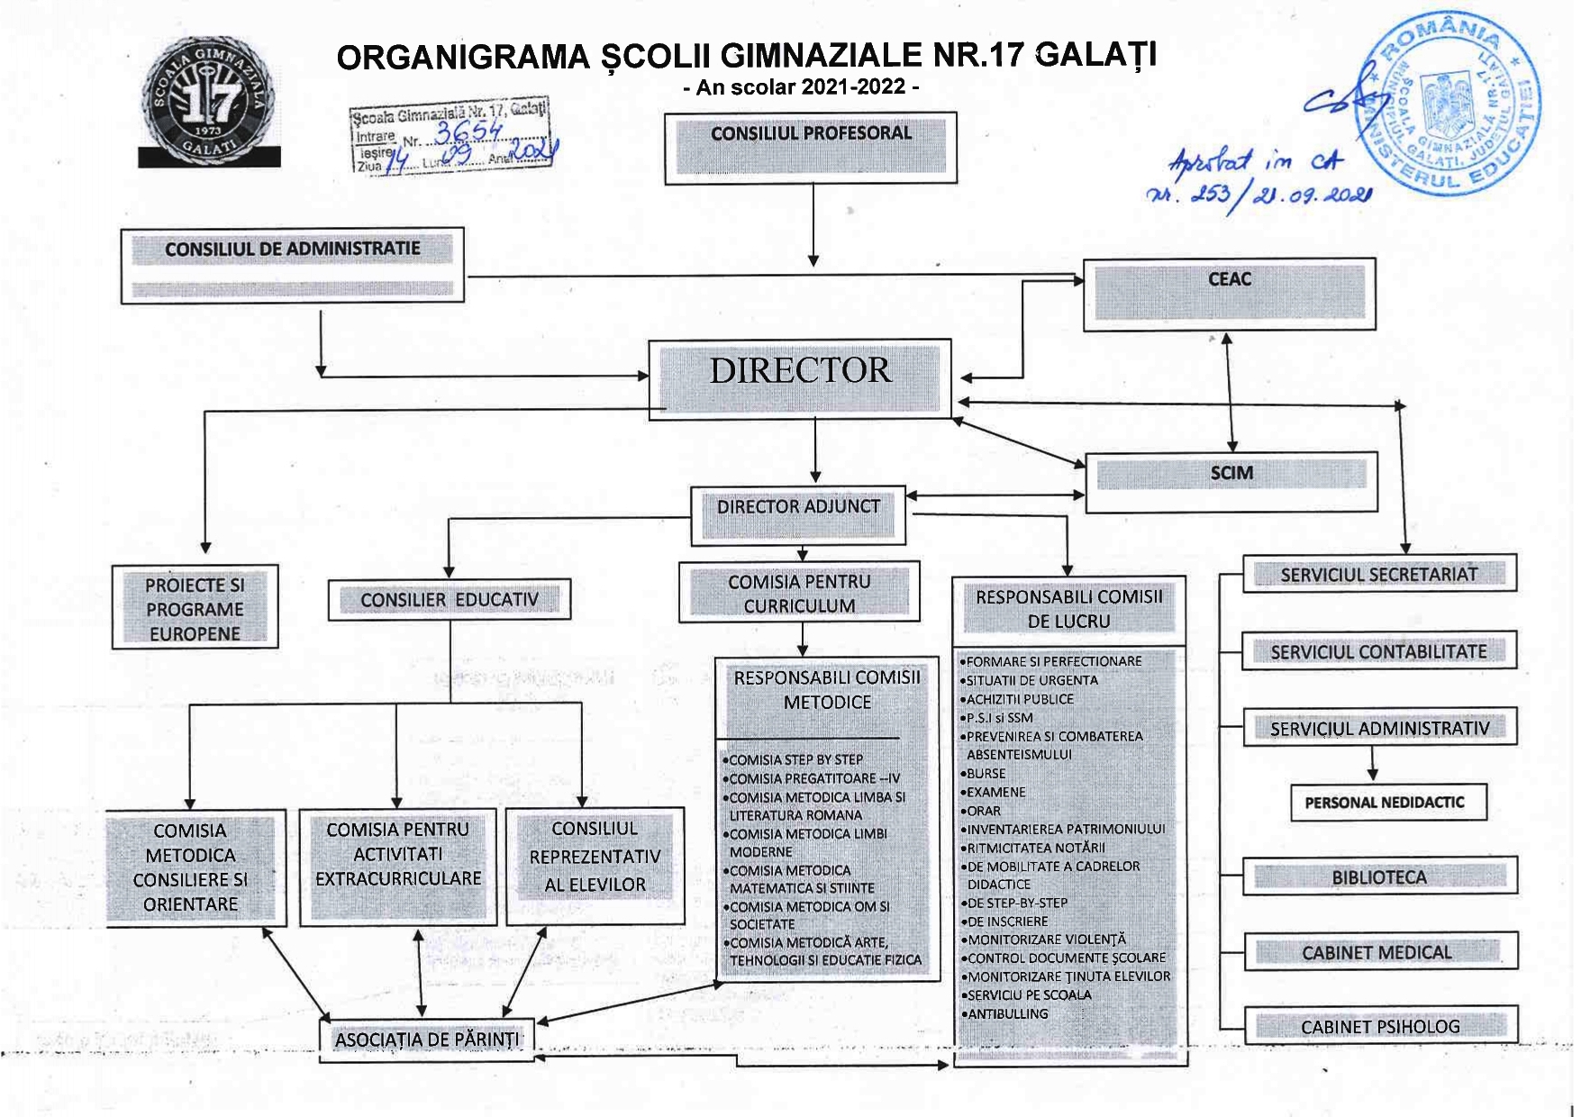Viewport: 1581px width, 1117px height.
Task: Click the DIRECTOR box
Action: (x=799, y=378)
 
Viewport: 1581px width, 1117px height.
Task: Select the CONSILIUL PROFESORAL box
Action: (x=810, y=148)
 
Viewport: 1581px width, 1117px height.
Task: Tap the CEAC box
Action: (x=1229, y=295)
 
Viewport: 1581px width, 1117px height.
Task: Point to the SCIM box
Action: (x=1231, y=482)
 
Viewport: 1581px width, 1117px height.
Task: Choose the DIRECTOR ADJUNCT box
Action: (x=798, y=516)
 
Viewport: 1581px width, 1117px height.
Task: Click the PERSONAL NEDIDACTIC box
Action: (x=1384, y=803)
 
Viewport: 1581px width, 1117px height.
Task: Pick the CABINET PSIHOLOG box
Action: (x=1380, y=1026)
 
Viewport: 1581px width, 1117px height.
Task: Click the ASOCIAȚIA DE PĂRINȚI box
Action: (x=428, y=1040)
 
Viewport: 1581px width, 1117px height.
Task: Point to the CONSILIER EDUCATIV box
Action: (x=449, y=600)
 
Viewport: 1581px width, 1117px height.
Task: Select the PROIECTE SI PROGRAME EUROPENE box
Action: (x=195, y=608)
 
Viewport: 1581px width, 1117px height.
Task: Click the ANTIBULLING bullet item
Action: (x=1007, y=1014)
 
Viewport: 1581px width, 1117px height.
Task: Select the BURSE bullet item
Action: (x=986, y=774)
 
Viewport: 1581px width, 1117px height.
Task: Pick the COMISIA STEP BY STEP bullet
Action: (x=795, y=760)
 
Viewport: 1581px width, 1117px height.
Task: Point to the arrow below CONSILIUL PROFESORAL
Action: (x=813, y=225)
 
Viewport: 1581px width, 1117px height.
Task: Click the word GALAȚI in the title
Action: (x=1096, y=55)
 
